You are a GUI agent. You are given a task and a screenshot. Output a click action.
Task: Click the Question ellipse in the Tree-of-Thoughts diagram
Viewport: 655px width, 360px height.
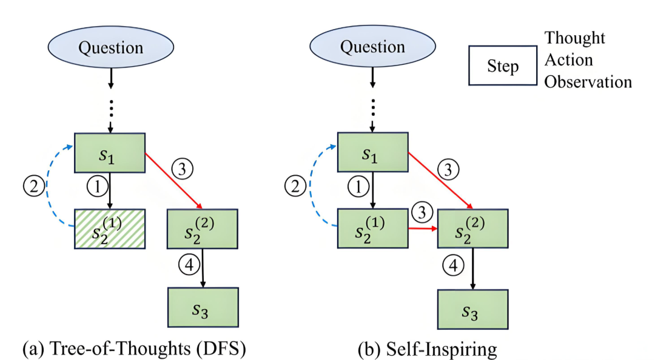tap(111, 47)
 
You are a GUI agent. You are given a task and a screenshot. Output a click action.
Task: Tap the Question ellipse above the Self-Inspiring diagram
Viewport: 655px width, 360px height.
tap(372, 46)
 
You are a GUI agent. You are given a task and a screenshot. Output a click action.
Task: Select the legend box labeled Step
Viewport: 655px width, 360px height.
tap(503, 65)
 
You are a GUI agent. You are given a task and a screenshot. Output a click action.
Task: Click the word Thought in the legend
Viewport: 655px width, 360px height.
tap(574, 38)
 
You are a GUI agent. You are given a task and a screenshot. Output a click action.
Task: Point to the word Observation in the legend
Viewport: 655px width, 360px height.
tap(588, 82)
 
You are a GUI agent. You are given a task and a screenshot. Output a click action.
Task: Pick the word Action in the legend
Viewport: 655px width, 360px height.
tap(568, 60)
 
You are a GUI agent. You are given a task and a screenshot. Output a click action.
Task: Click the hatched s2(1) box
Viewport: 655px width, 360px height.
tap(110, 229)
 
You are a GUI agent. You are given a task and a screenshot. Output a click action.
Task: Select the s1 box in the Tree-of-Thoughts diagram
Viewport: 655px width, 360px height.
tap(110, 153)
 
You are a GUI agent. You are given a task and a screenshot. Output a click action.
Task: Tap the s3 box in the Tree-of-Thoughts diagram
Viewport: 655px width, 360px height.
tap(203, 307)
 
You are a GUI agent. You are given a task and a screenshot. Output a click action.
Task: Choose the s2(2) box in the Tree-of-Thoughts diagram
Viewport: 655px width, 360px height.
tap(203, 229)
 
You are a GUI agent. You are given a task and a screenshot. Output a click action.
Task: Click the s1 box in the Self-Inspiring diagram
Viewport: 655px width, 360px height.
tap(372, 152)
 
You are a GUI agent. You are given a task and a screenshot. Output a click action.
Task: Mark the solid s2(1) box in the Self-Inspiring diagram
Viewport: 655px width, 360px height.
tap(372, 228)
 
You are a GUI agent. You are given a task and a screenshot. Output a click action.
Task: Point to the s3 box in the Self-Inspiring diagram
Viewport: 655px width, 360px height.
tap(473, 310)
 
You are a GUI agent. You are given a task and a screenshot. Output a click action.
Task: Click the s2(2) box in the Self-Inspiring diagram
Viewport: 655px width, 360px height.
tap(473, 228)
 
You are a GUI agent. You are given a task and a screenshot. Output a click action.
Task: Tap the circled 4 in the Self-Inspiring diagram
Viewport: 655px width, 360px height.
tap(453, 265)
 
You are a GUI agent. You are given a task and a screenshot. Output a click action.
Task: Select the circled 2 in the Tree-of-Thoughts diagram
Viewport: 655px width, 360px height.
tap(34, 186)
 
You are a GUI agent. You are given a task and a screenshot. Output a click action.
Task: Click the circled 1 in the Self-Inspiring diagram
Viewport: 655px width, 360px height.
tap(358, 186)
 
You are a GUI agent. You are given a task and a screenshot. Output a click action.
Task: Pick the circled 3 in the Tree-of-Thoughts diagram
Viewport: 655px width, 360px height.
tap(182, 168)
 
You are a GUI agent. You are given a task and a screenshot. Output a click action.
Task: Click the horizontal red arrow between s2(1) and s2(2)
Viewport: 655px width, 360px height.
tap(423, 228)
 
